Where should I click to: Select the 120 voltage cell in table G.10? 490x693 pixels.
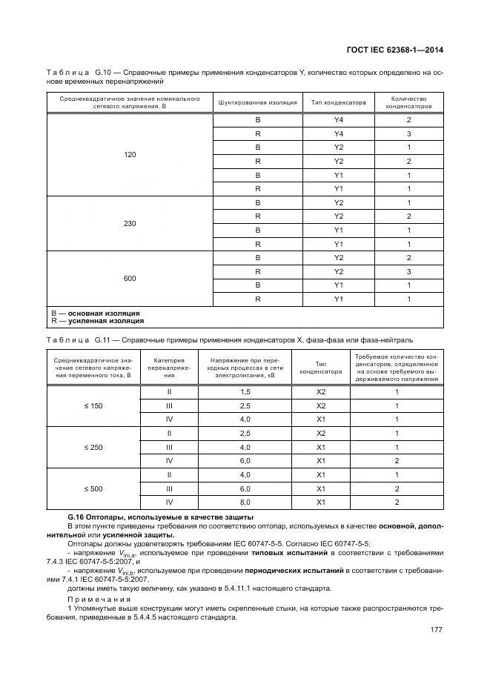[130, 155]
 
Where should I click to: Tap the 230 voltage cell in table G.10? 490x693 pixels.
[130, 222]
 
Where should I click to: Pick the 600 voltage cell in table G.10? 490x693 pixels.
[130, 279]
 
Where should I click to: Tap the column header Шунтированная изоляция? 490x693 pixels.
[257, 102]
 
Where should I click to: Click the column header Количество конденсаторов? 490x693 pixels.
[408, 102]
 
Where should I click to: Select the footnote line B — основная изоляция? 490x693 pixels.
[96, 314]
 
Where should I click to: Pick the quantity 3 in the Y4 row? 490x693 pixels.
[408, 133]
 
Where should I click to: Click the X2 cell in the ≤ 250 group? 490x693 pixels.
[321, 434]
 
